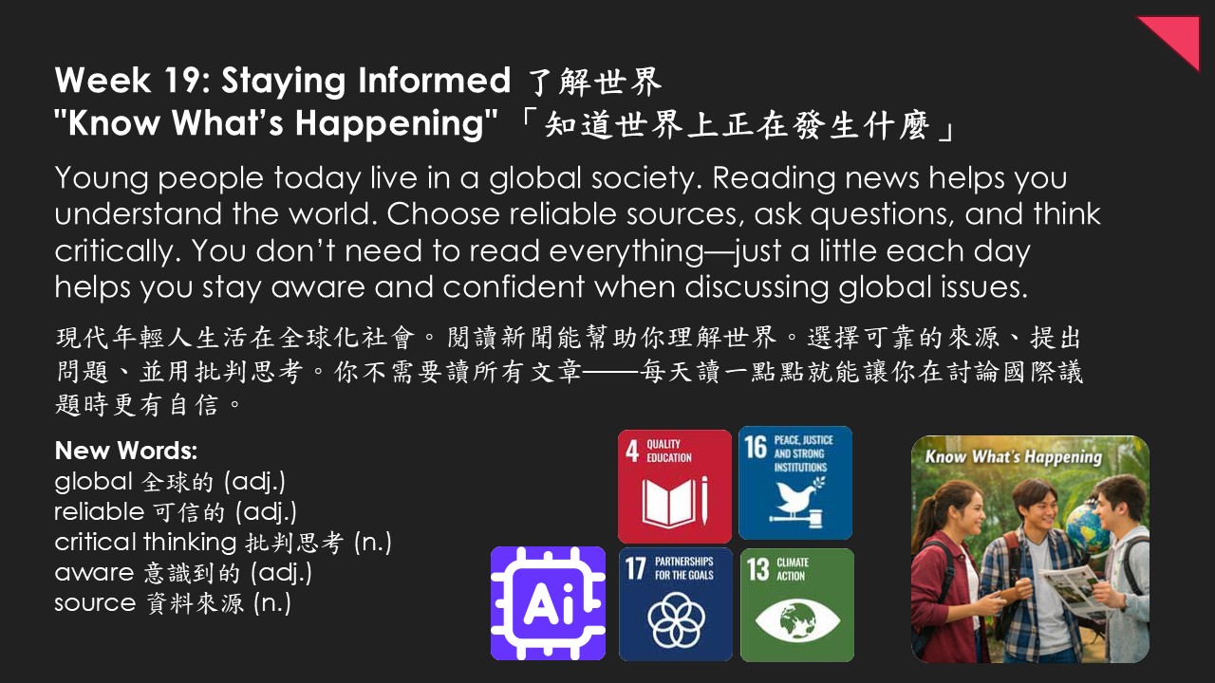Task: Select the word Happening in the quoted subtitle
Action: pyautogui.click(x=388, y=124)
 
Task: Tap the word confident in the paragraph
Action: pyautogui.click(x=514, y=286)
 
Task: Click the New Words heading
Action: pyautogui.click(x=126, y=451)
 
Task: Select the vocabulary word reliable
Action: pyautogui.click(x=100, y=511)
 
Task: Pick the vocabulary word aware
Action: pyautogui.click(x=94, y=573)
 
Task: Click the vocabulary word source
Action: pyautogui.click(x=95, y=603)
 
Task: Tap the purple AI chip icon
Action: pyautogui.click(x=548, y=603)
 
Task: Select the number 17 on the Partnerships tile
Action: pyautogui.click(x=635, y=568)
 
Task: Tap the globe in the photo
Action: pyautogui.click(x=1087, y=526)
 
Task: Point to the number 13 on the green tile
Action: pyautogui.click(x=757, y=570)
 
